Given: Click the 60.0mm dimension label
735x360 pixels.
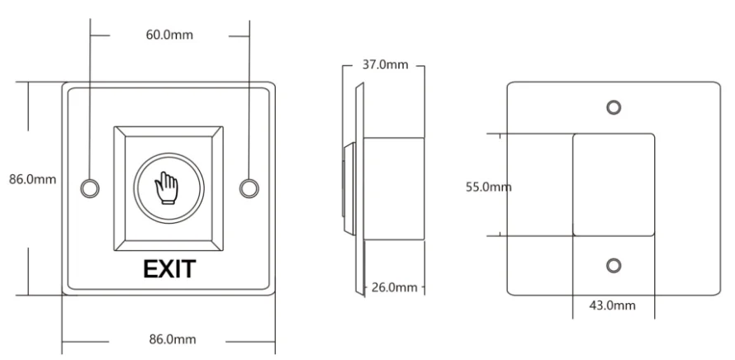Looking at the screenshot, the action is coord(169,36).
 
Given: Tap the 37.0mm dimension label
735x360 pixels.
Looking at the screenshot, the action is coord(385,64).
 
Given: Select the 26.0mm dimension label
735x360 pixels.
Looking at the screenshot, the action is coord(394,287).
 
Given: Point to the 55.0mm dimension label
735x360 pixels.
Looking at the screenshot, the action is coord(488,187).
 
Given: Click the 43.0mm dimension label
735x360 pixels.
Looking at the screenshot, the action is coord(612,306).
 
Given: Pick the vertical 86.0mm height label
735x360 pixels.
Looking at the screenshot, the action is coord(32,179).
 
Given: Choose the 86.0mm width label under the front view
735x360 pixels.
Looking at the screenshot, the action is coord(173,339).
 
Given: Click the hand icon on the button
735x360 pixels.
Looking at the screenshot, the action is coord(166,188).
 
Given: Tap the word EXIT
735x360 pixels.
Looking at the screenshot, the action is coord(169,269).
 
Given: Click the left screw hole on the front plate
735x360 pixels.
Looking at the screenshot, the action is coord(89,188).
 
